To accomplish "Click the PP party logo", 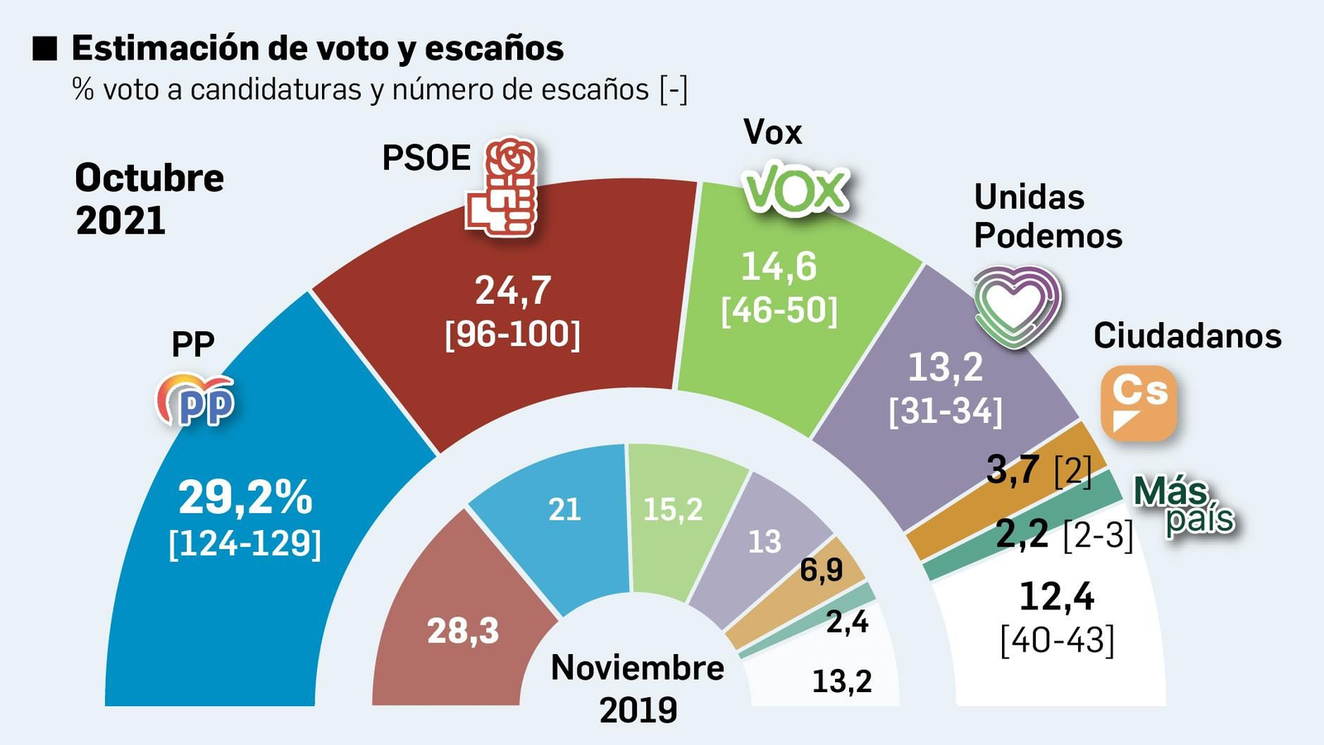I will coord(196,401).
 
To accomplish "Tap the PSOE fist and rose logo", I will coord(501,188).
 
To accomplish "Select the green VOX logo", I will coord(796,190).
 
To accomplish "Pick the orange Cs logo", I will coord(1138,402).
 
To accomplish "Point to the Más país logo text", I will coord(1183,505).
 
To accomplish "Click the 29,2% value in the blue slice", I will coord(245,497).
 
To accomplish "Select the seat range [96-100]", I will coord(512,335).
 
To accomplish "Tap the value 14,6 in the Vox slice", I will coord(778,267).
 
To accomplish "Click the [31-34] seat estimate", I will coord(945,411).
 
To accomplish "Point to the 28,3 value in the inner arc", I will coord(463,632).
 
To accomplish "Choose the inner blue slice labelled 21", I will coord(564,510).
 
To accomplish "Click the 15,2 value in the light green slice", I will coord(672,510).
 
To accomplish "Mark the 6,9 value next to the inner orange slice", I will coord(821,570).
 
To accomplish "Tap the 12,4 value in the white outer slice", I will coord(1056,596).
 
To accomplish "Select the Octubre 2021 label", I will coord(149,199).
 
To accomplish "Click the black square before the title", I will coord(44,49).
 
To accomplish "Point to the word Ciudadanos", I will coord(1187,336).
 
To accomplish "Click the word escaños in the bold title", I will coord(494,49).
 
